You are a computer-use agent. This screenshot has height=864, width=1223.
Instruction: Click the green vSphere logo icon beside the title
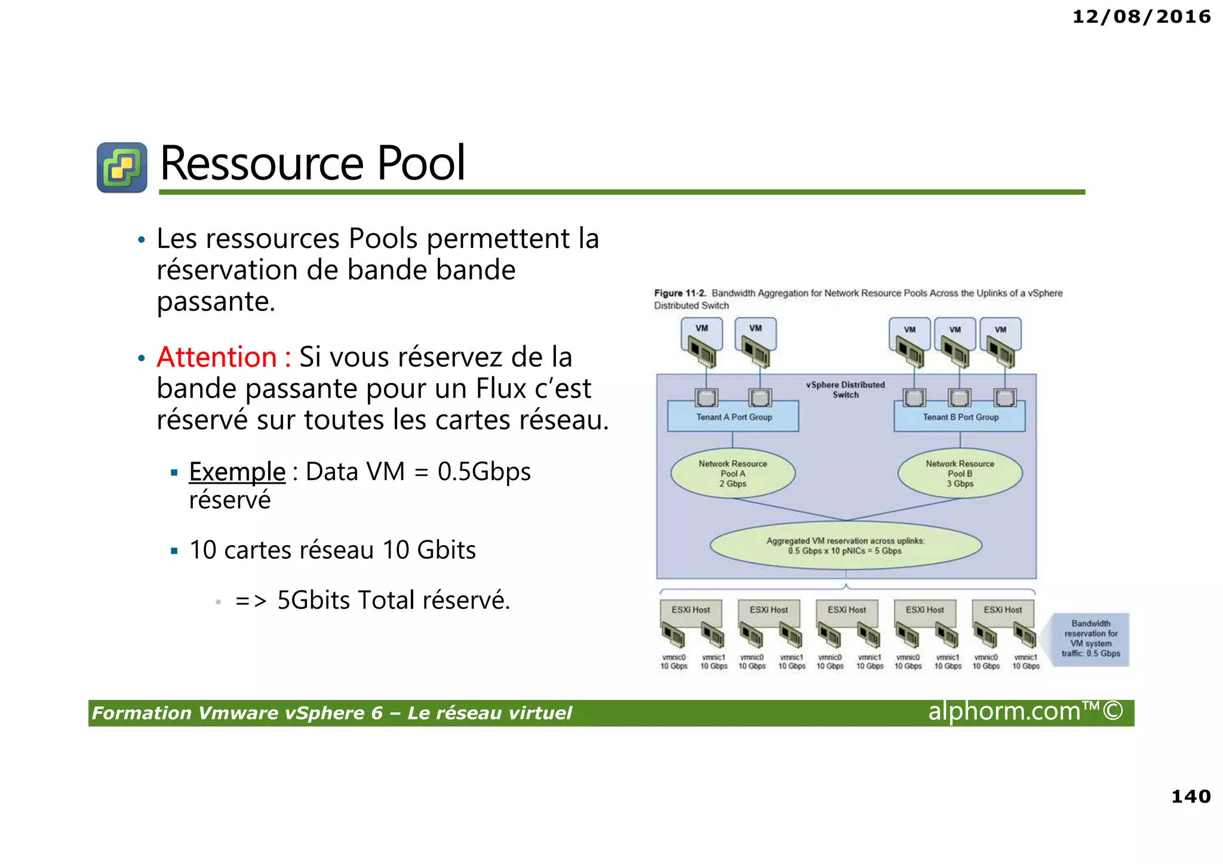[x=122, y=167]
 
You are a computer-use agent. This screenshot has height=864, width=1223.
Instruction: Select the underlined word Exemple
[x=237, y=472]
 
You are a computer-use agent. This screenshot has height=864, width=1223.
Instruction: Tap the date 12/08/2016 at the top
[x=1141, y=17]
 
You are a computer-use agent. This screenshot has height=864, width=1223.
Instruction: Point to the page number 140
[x=1191, y=796]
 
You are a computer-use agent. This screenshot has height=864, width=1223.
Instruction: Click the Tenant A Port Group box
[x=733, y=417]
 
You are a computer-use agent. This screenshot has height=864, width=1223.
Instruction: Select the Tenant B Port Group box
[x=960, y=417]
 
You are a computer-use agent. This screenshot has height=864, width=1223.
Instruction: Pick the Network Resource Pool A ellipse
[x=733, y=473]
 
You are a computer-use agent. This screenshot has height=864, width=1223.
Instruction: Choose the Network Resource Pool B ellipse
[x=960, y=473]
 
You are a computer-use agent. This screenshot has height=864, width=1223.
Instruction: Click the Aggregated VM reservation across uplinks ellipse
[x=845, y=546]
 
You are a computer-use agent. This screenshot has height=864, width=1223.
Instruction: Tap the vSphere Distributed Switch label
[x=845, y=389]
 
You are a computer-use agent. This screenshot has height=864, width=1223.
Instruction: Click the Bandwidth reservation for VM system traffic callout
[x=1090, y=639]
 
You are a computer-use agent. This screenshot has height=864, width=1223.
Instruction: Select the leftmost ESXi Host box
[x=690, y=610]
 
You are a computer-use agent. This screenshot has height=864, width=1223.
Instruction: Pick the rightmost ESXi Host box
[x=1003, y=610]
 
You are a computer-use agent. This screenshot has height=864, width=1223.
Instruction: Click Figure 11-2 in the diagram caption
[x=680, y=293]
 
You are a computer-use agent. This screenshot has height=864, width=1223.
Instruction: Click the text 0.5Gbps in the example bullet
[x=484, y=472]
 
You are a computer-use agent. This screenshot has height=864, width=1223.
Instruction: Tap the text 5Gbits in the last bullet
[x=314, y=600]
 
